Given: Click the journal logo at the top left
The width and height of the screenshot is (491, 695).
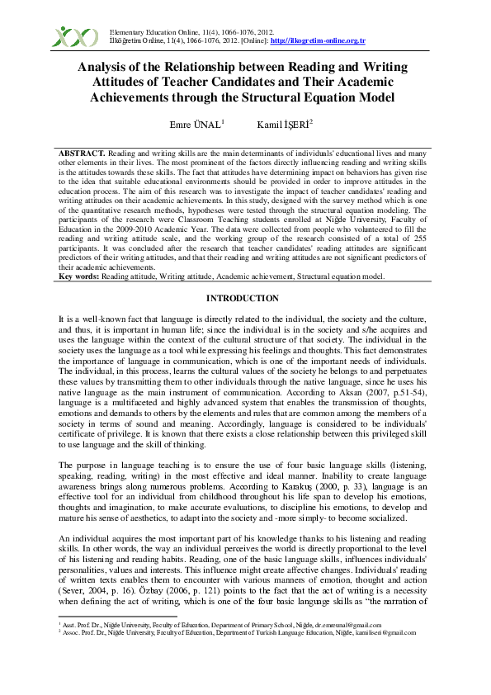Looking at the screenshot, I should (74, 36).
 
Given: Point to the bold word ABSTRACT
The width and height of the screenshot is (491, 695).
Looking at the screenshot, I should (82, 154).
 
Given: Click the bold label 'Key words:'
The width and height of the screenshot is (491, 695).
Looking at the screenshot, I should (78, 253).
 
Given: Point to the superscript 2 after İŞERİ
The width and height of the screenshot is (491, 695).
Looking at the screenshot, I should (311, 121).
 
